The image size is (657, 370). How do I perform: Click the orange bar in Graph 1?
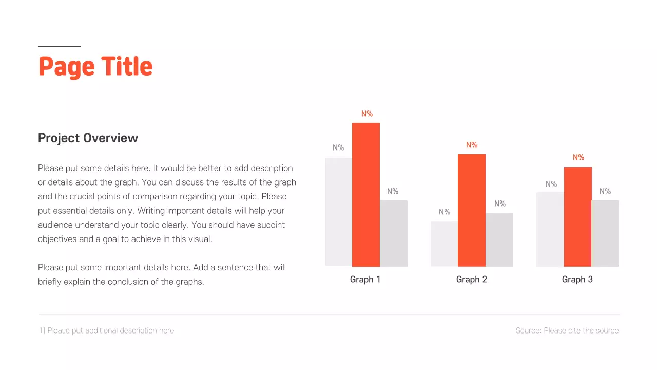pos(366,195)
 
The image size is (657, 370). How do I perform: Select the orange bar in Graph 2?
pos(472,210)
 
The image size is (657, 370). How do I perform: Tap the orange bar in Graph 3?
pos(578,216)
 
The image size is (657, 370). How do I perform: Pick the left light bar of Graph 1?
pos(339,212)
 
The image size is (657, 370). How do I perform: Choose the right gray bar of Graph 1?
pos(394,233)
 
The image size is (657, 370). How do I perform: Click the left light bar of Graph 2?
pos(445,244)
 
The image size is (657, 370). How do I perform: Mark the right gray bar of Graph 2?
pos(499,239)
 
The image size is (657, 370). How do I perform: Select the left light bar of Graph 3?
pos(550,229)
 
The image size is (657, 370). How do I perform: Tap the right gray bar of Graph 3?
pos(605,233)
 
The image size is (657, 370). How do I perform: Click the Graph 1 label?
pos(365,280)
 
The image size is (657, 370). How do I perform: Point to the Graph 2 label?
pos(472,280)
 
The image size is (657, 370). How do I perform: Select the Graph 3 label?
pos(577,280)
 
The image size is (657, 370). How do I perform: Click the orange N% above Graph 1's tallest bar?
pos(367,114)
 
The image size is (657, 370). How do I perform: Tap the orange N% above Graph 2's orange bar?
pos(472,145)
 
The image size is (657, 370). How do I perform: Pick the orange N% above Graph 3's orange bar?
pos(578,158)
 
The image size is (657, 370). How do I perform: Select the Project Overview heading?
pos(88,138)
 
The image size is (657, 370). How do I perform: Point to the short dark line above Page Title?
pos(60,47)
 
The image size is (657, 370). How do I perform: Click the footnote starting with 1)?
pos(107,331)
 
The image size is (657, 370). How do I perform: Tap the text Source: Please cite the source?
pos(567,331)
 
